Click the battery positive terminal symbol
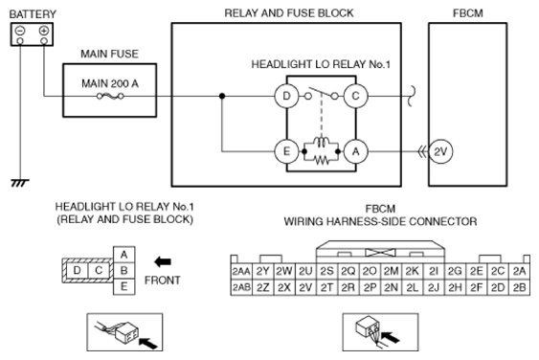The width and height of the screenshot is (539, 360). tap(44, 31)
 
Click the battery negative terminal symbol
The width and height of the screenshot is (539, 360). tap(20, 31)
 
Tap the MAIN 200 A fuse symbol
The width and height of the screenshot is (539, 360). tap(110, 97)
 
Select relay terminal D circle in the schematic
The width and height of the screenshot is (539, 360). tap(286, 96)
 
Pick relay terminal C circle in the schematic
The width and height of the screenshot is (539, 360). tap(355, 96)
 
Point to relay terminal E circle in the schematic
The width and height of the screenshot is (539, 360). tap(286, 151)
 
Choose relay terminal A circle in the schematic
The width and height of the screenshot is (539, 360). tap(355, 151)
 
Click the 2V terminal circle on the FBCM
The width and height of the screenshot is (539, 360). tap(440, 151)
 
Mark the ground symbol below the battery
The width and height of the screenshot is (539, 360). tap(20, 183)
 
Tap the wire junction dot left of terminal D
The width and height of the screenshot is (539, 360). tap(222, 96)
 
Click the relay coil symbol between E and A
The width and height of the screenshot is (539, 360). tap(322, 142)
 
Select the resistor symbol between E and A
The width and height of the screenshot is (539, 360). tap(322, 160)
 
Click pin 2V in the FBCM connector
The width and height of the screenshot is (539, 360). tap(305, 287)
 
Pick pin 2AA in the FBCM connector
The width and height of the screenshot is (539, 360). tap(241, 271)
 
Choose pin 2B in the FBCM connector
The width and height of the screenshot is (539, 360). tap(519, 287)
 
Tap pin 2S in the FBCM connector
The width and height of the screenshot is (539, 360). tap(326, 271)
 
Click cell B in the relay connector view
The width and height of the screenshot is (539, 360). tap(124, 271)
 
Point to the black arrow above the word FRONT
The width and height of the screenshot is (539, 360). tap(163, 262)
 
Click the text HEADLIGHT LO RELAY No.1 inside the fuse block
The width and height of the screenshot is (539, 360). tap(321, 64)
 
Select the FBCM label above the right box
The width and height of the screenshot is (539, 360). tap(468, 13)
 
